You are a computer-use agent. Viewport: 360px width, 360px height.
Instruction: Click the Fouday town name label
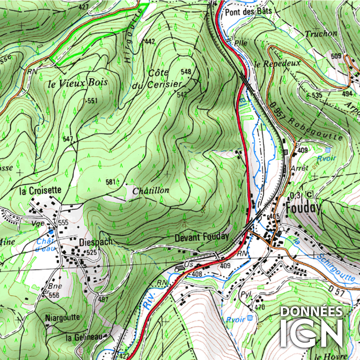[303, 208]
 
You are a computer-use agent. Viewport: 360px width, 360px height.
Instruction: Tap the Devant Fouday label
[202, 237]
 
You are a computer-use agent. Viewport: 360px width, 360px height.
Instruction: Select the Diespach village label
[96, 242]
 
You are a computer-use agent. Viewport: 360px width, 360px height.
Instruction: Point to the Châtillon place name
[151, 190]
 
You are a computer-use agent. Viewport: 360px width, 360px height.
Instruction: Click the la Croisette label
[40, 190]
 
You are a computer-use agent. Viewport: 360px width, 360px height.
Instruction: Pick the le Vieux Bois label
[78, 84]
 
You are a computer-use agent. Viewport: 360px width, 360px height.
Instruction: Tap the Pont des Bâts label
[248, 12]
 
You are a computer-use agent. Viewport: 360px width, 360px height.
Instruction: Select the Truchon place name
[321, 34]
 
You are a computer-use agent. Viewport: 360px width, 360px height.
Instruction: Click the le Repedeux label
[277, 64]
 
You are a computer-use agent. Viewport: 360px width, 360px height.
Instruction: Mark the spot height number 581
[110, 182]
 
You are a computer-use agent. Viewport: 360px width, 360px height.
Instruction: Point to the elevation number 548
[186, 72]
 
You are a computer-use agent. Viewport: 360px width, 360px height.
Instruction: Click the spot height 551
[92, 101]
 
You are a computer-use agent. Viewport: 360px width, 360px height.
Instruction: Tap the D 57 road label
[337, 289]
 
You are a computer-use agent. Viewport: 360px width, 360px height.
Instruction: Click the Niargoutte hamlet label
[63, 318]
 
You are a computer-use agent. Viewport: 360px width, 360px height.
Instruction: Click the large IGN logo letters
[311, 333]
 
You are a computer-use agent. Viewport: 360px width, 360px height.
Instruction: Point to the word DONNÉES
[311, 311]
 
